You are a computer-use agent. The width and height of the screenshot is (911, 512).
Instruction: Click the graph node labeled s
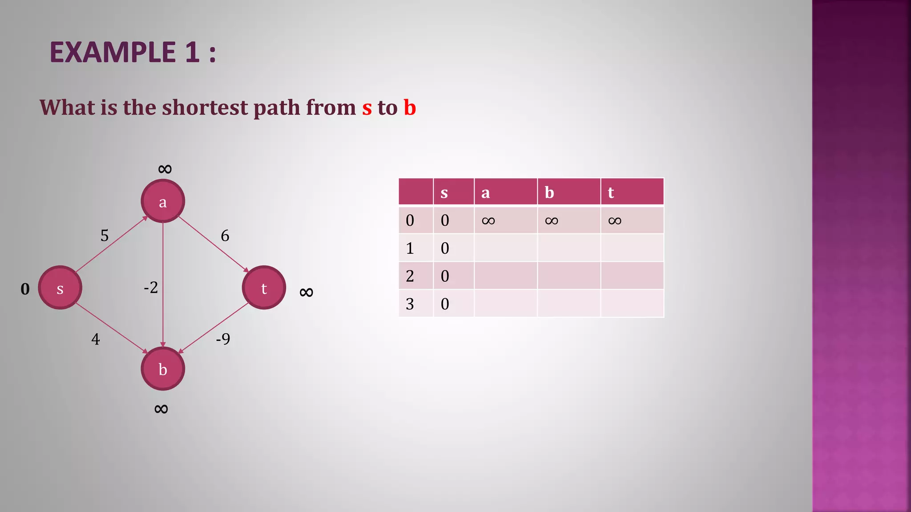60,288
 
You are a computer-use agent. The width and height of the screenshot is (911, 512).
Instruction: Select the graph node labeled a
163,201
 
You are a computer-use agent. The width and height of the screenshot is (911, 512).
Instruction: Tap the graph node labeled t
264,288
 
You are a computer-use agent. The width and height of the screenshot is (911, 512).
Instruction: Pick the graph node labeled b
163,369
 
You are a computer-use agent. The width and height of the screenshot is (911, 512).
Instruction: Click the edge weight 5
105,235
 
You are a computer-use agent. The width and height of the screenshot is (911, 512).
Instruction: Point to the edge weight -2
151,288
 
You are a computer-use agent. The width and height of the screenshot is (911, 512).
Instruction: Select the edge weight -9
223,339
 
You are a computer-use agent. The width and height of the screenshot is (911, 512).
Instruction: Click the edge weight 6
225,236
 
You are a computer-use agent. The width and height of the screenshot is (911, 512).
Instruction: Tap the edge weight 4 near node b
96,340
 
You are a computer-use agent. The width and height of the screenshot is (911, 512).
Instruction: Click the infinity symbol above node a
165,169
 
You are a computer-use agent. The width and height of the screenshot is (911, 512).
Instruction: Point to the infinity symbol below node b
161,409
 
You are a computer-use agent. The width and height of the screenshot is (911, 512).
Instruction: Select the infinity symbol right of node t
306,292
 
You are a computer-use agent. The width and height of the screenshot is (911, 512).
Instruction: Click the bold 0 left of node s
25,289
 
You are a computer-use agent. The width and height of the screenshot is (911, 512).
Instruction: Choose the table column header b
549,192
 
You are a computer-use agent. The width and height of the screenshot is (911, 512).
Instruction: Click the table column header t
611,192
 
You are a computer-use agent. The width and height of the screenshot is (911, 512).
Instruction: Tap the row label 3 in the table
410,304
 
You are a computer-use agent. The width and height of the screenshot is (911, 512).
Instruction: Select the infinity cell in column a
488,221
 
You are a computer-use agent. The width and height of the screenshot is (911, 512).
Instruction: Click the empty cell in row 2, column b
568,276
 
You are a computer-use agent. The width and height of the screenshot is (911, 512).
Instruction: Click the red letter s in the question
367,108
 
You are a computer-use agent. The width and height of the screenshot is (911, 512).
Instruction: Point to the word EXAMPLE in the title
113,52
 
